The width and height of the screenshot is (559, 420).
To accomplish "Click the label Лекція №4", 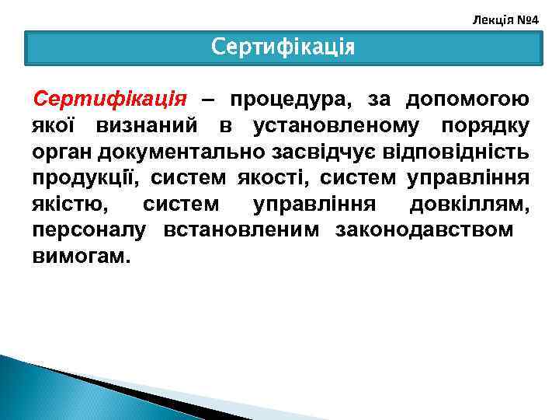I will [505, 16].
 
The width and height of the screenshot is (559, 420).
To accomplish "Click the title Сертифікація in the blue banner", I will [283, 47].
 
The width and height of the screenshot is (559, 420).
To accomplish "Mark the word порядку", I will [485, 125].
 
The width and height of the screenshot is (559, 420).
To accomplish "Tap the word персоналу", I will [92, 231].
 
